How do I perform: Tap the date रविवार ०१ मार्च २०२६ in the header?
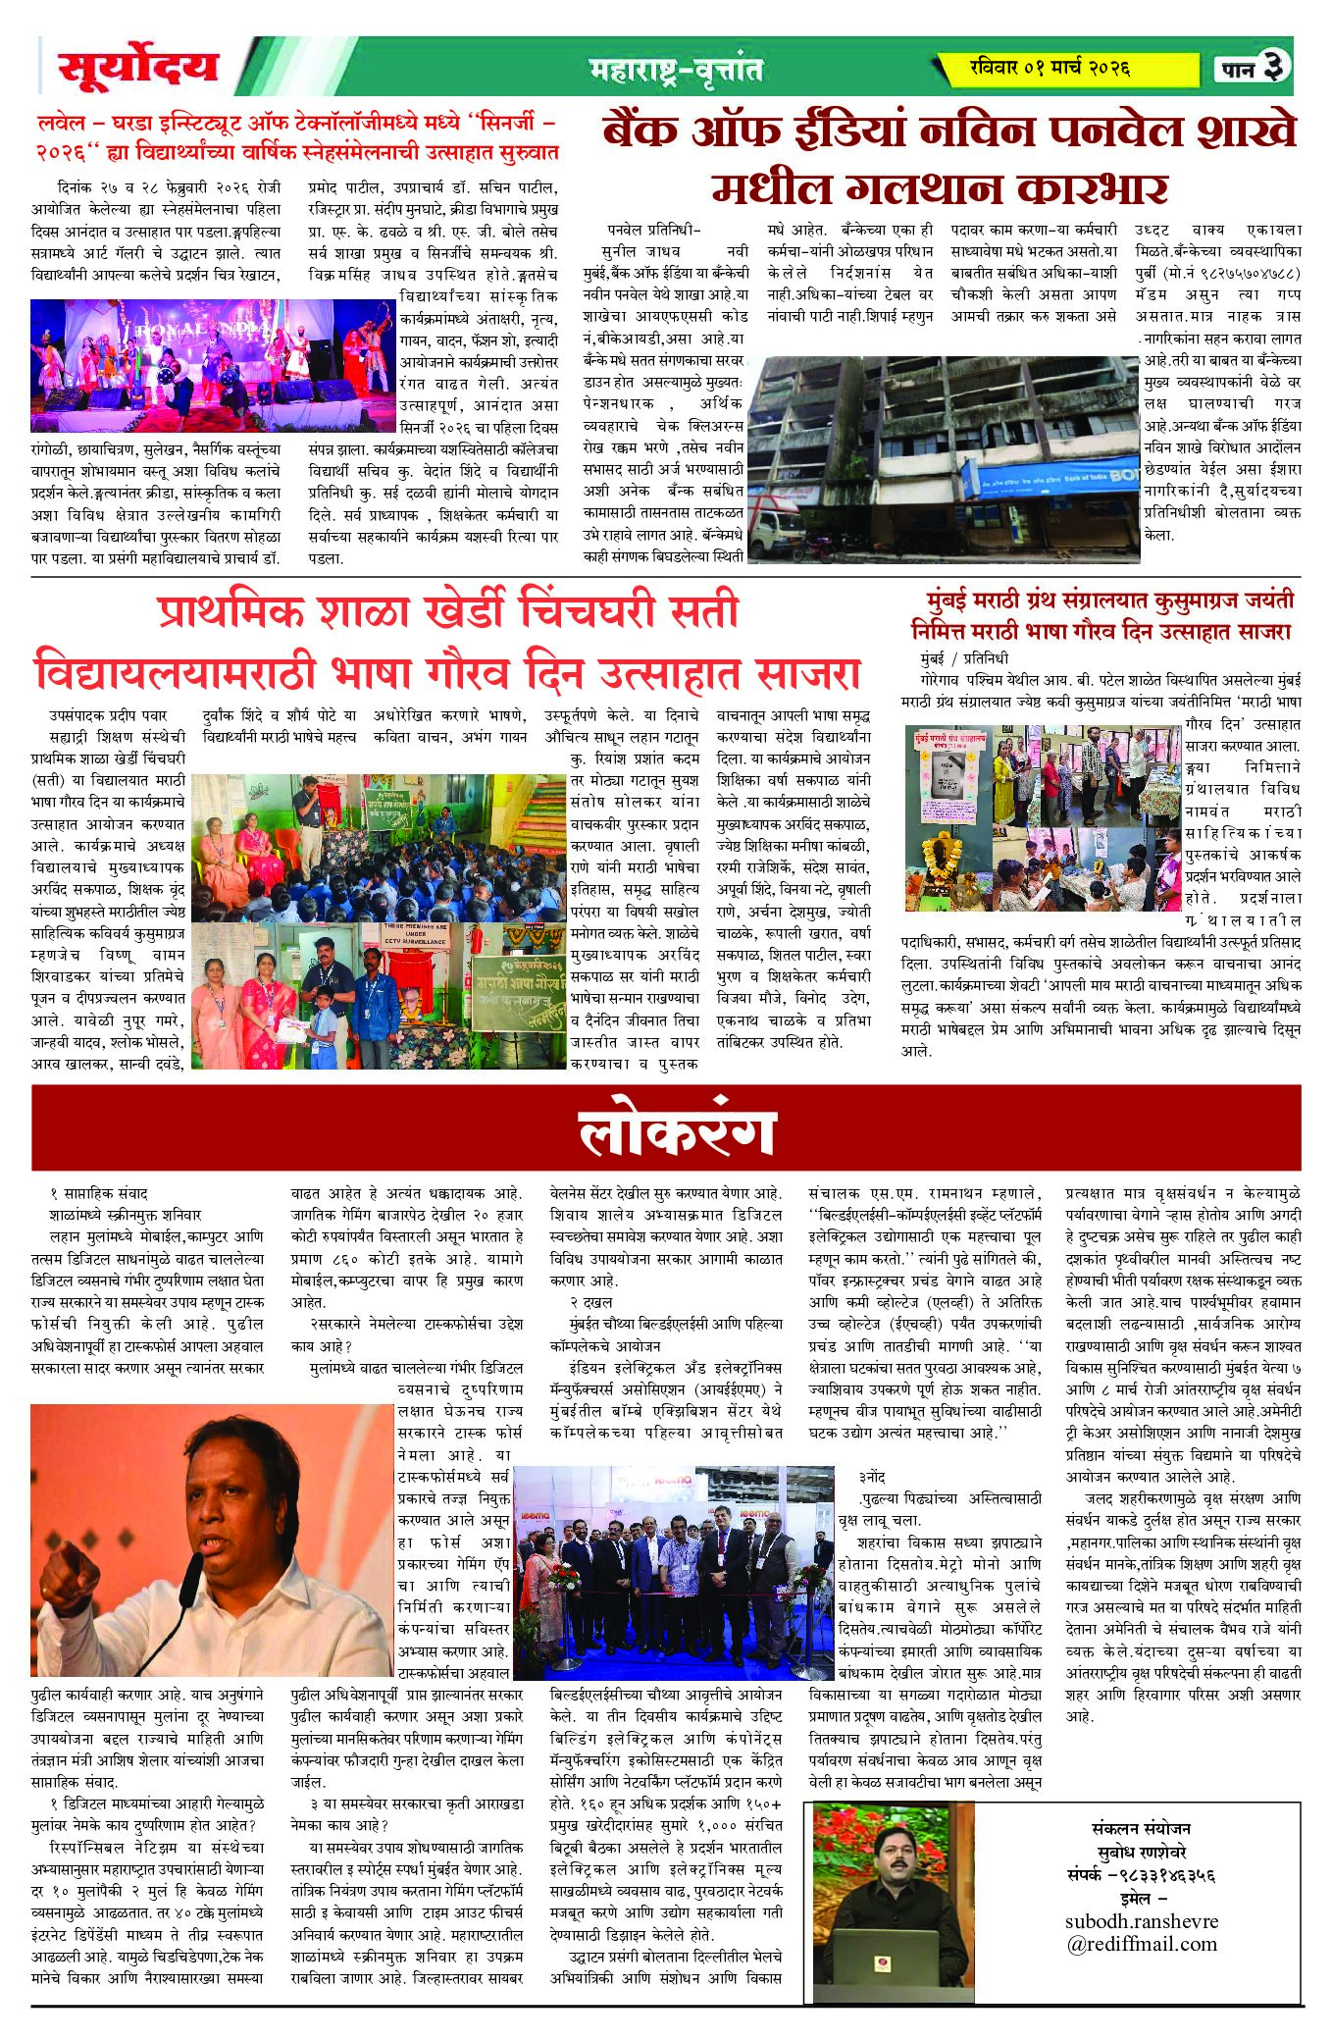[1049, 68]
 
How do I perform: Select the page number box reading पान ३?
[1253, 67]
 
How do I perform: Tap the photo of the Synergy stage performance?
[213, 365]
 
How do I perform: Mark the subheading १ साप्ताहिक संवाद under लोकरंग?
[98, 1193]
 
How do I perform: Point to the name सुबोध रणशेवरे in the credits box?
[1142, 1852]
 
